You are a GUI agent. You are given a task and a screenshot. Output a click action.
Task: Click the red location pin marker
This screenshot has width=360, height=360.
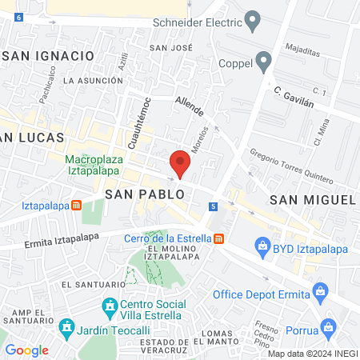pos(180,163)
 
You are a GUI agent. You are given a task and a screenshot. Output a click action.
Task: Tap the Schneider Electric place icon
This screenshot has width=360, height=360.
pos(254,21)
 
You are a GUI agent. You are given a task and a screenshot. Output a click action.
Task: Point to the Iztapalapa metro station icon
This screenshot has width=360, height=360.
pos(76,205)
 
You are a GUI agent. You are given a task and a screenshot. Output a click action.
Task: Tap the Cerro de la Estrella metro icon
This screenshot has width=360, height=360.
pos(219,238)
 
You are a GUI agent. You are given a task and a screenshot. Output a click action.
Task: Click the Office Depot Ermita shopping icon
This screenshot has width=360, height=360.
pos(321,290)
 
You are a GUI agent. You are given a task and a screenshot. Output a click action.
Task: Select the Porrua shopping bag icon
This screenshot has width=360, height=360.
pos(327,326)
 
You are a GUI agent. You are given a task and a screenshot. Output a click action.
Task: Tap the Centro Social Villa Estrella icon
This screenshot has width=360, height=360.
pos(110,306)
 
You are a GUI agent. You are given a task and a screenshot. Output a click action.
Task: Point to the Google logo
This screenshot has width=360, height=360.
pos(26,350)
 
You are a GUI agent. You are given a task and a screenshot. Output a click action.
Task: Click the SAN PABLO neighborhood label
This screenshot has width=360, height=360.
pos(136,194)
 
